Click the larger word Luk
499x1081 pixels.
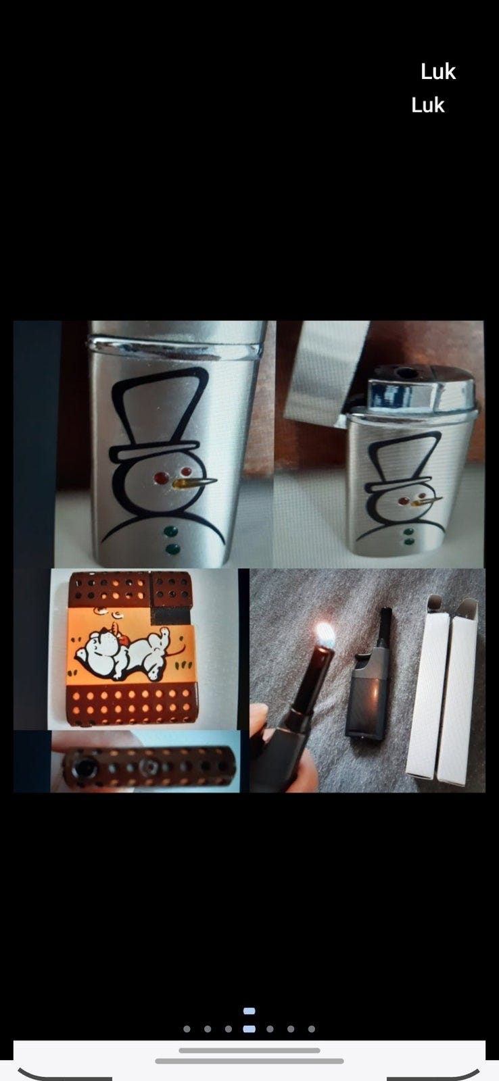click(438, 72)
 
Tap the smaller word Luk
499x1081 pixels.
click(428, 105)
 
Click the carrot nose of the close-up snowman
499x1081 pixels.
click(195, 482)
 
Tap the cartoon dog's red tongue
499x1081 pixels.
click(123, 640)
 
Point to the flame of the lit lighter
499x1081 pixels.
click(325, 635)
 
